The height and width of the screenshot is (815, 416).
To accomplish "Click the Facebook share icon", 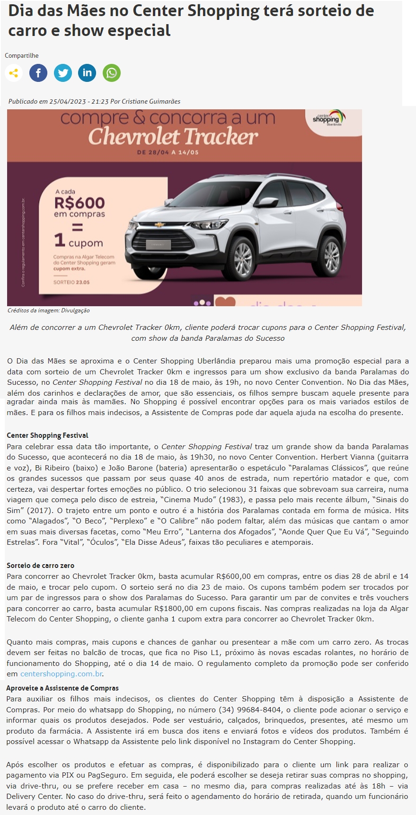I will tap(38, 73).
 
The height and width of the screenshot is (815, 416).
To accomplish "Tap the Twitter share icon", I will tap(63, 73).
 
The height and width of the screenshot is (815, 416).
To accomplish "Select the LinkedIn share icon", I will tap(87, 73).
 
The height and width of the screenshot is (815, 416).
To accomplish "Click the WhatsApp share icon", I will tap(112, 73).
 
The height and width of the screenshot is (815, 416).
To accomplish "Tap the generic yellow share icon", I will tap(14, 73).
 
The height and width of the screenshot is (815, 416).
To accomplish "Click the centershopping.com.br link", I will tap(62, 673).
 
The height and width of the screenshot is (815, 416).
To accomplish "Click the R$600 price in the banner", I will tap(80, 203).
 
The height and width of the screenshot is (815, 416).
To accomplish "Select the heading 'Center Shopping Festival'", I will tap(47, 435).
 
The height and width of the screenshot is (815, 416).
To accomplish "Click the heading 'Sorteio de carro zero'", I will tap(40, 566).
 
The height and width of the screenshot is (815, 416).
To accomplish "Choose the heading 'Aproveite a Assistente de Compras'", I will tap(62, 688).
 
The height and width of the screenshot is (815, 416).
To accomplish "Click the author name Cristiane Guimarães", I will tap(151, 101).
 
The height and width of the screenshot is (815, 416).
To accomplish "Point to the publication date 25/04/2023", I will tap(68, 101).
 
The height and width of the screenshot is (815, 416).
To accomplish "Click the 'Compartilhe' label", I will tap(22, 56).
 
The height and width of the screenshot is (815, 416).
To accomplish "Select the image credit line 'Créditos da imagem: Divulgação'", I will tap(49, 310).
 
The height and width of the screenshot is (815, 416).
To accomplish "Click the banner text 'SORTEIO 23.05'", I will tap(71, 282).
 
